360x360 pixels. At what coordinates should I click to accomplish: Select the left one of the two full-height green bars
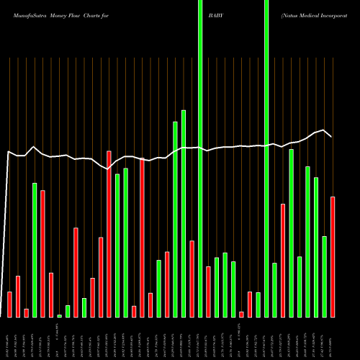pyautogui.click(x=200, y=158)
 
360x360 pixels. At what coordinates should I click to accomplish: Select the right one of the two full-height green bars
pyautogui.click(x=266, y=158)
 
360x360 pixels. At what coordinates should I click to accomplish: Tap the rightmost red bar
pyautogui.click(x=333, y=256)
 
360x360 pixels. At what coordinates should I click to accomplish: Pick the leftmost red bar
pyautogui.click(x=9, y=304)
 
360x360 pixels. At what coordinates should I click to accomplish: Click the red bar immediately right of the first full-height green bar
pyautogui.click(x=208, y=292)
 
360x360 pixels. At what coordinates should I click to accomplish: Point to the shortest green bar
pyautogui.click(x=59, y=315)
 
